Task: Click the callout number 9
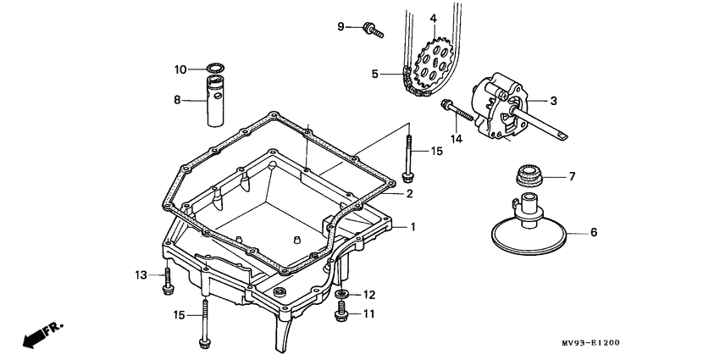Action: (x=342, y=27)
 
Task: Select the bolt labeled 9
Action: (x=373, y=30)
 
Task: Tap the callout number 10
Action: (x=180, y=69)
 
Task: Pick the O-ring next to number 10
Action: (x=216, y=68)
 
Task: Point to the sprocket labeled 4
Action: (x=434, y=59)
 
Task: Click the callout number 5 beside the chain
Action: (x=374, y=74)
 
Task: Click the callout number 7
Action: (x=571, y=177)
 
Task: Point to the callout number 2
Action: (x=409, y=194)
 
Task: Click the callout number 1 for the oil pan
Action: (x=413, y=227)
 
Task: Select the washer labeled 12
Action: (x=342, y=295)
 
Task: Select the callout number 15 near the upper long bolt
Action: (x=436, y=152)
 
